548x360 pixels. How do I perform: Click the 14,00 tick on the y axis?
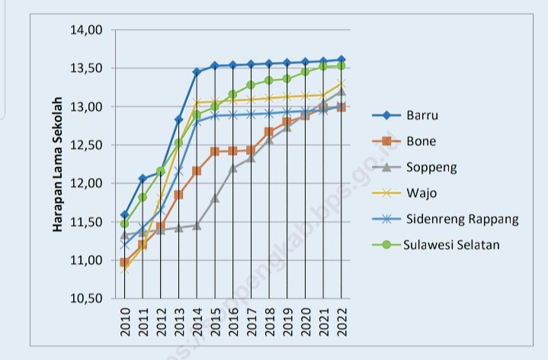tap(86, 31)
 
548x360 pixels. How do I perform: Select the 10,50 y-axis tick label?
tap(86, 298)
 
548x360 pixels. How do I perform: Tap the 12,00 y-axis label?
tap(86, 183)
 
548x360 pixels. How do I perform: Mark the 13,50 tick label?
tap(86, 69)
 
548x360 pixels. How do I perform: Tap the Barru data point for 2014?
tap(197, 72)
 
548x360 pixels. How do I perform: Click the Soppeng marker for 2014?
tap(197, 225)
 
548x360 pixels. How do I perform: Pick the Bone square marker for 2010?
tap(124, 262)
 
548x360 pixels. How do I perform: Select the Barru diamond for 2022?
tap(341, 59)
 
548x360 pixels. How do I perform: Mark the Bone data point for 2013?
tap(178, 194)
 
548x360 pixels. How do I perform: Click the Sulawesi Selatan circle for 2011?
tap(143, 197)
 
